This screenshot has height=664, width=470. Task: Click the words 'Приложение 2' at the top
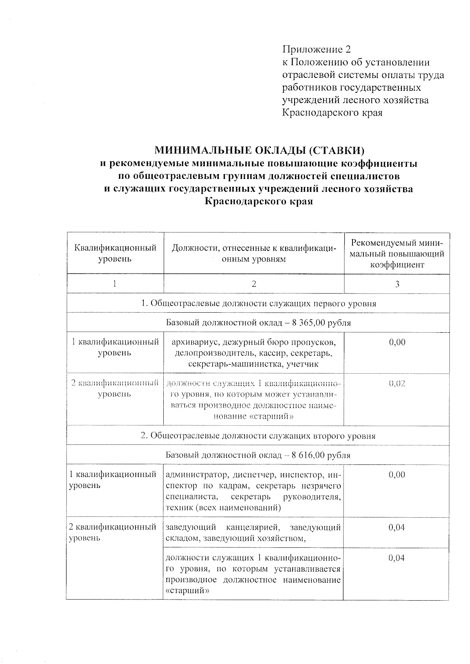click(x=316, y=50)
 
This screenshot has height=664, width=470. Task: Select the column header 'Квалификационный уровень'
click(x=115, y=253)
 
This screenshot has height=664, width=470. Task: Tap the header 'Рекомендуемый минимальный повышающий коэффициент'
click(x=397, y=253)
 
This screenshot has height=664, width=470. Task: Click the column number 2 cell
click(x=254, y=284)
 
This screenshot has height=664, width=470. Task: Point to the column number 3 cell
click(x=397, y=284)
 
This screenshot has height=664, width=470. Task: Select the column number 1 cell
click(x=114, y=284)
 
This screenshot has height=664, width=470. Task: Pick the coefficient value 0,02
click(x=397, y=383)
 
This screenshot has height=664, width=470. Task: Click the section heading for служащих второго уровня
click(x=258, y=436)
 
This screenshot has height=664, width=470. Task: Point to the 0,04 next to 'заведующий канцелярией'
click(x=396, y=527)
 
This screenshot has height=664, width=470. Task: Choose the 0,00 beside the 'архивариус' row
click(x=397, y=342)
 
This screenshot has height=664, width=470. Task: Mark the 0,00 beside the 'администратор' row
click(x=396, y=475)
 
